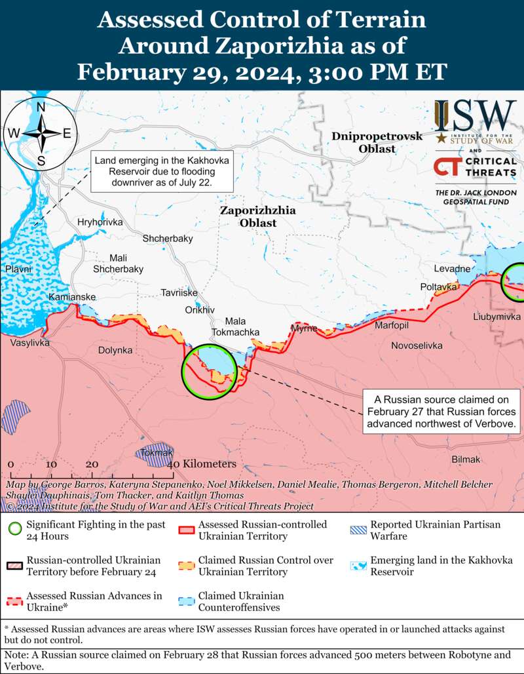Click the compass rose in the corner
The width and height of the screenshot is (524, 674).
(41, 133)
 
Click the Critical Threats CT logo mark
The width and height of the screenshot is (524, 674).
(448, 167)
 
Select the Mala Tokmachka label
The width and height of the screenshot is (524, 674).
(244, 327)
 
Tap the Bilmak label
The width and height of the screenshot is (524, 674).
(466, 460)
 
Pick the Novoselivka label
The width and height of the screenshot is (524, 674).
(417, 346)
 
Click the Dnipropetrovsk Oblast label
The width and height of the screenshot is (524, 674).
(367, 142)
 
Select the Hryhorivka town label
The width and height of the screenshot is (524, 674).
(100, 222)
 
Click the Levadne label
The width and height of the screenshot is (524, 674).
(453, 269)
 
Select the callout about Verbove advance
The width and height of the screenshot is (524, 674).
(442, 412)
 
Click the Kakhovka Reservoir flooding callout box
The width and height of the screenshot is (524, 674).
(154, 172)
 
